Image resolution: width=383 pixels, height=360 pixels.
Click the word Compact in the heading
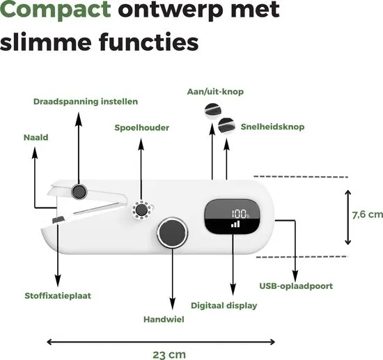tap(56, 9)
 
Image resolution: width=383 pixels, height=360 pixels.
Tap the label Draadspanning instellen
tap(86, 102)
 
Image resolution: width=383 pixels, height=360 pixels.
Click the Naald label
tap(36, 137)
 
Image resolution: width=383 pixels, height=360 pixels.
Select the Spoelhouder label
tap(141, 127)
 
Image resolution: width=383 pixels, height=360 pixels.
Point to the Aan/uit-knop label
tap(215, 92)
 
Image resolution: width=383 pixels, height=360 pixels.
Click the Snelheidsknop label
tap(272, 127)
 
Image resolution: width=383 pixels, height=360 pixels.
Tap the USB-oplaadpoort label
tap(296, 286)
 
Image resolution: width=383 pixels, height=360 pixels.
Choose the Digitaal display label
tap(224, 306)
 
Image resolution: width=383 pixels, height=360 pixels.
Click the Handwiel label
tap(164, 320)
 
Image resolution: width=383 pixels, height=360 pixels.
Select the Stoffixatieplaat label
tap(58, 296)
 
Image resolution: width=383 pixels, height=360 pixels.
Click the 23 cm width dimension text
tap(169, 354)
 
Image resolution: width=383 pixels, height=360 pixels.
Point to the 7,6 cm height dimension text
tap(368, 214)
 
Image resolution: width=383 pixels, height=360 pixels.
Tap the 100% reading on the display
tap(241, 214)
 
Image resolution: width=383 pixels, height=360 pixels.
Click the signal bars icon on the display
tap(235, 224)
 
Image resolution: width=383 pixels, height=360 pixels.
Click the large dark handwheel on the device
tap(173, 232)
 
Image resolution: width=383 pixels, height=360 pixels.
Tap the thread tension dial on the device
tap(79, 191)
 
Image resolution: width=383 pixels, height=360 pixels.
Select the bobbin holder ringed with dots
tap(141, 210)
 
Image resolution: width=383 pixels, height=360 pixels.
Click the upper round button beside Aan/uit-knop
tap(213, 111)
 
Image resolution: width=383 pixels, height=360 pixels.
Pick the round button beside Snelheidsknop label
tap(226, 126)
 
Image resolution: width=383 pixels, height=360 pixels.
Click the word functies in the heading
tap(148, 42)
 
